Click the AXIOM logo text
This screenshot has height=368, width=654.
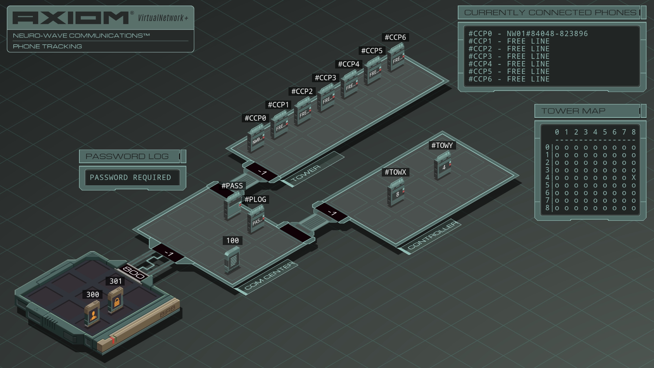[71, 18]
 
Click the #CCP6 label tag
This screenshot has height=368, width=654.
[395, 37]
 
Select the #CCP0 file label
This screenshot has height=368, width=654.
[255, 118]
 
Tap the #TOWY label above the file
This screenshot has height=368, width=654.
[442, 145]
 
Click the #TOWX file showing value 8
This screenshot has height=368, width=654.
[396, 193]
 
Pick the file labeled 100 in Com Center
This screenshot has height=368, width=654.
[232, 260]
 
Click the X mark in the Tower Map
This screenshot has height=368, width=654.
[634, 178]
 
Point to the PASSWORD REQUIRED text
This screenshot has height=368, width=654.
[130, 178]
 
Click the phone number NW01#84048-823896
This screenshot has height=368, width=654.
[547, 34]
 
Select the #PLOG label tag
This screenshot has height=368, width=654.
[255, 200]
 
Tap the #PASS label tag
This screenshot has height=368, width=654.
[232, 186]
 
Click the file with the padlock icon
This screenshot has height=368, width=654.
[115, 300]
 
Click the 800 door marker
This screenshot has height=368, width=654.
[133, 273]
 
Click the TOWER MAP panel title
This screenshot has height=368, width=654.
[573, 111]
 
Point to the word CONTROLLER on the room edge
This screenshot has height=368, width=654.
[433, 235]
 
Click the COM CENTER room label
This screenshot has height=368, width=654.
[269, 276]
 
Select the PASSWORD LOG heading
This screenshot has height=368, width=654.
[127, 156]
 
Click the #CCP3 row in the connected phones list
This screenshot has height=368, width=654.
[509, 57]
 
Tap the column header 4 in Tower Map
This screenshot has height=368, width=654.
[595, 132]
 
